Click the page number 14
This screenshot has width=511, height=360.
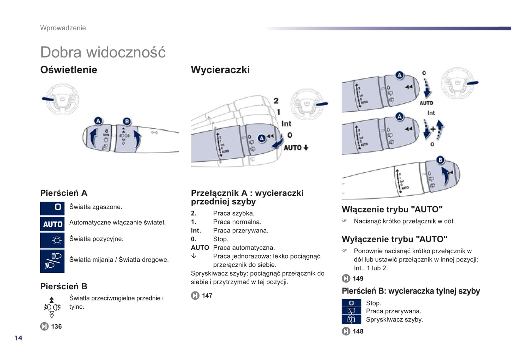[18, 338]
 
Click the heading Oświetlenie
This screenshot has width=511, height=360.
[69, 70]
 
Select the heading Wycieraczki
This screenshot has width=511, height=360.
[220, 70]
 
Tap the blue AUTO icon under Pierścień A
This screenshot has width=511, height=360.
[52, 224]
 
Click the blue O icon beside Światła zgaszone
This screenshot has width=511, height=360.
[52, 208]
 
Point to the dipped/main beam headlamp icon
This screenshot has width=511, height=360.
[52, 261]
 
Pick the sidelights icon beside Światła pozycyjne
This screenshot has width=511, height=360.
[52, 241]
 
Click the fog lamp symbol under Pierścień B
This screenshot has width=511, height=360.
[52, 307]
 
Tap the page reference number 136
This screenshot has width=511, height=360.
[56, 326]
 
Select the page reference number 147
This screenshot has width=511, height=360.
[207, 296]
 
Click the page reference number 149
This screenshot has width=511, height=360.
[358, 278]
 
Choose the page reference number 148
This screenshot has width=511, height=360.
[358, 331]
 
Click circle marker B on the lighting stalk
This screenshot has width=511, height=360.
[127, 122]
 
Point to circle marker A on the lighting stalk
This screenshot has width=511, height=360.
[98, 121]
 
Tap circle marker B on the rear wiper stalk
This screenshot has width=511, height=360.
[440, 160]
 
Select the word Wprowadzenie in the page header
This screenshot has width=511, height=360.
[63, 28]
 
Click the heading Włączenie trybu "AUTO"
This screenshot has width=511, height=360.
[392, 209]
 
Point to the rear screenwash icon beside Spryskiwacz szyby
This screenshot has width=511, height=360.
[351, 320]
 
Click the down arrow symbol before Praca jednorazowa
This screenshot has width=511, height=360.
[194, 256]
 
